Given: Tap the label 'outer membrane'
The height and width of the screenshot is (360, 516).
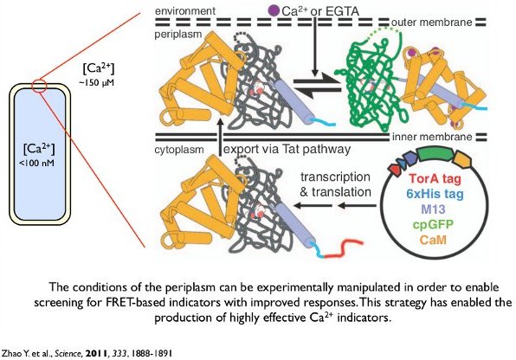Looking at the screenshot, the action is click(x=432, y=22).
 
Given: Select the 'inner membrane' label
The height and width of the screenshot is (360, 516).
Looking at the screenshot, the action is click(x=432, y=137).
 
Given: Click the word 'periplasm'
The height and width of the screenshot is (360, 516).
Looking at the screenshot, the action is click(x=178, y=35).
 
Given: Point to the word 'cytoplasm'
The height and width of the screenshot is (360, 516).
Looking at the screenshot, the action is click(x=179, y=150).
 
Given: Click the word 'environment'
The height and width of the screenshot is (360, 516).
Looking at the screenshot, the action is click(x=185, y=11).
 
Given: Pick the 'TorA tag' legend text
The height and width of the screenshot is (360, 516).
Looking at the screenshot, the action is click(x=435, y=178).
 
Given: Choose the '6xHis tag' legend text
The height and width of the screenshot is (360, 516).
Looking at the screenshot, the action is click(x=435, y=194).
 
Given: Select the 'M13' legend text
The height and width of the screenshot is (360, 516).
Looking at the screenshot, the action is click(x=433, y=209).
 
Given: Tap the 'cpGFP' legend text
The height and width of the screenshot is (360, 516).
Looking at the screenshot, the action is click(x=433, y=224).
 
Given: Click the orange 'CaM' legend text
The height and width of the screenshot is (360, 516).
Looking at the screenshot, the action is click(x=433, y=239).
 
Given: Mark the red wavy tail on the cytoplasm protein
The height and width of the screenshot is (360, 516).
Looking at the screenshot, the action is click(x=344, y=248).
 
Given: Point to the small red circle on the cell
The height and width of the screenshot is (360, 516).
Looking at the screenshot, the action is click(x=40, y=87).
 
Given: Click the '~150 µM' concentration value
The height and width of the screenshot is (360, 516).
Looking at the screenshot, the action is click(x=96, y=82).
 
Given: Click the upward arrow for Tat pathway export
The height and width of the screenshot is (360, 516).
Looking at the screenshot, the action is click(x=221, y=138).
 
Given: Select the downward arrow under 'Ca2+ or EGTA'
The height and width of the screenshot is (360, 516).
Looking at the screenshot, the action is click(x=315, y=47).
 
